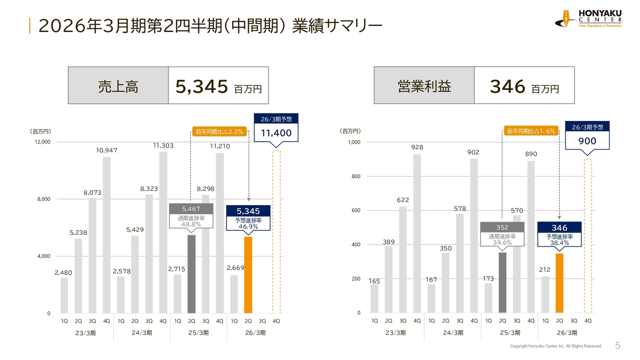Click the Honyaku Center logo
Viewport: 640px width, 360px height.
[x=588, y=18]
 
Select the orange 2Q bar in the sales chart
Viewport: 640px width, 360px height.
[x=248, y=275]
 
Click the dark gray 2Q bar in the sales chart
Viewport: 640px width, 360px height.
[x=191, y=274]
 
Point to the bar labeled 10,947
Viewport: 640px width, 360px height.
[x=106, y=235]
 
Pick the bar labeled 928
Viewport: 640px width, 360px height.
[x=417, y=233]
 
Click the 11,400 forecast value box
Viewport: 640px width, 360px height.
[x=276, y=133]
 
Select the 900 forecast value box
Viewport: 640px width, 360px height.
[x=587, y=140]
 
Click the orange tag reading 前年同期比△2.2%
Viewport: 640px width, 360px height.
[x=219, y=132]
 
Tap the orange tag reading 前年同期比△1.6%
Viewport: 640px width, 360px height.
[x=530, y=131]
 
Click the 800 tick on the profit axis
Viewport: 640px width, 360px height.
[x=355, y=176]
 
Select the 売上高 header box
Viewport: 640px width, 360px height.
[x=118, y=85]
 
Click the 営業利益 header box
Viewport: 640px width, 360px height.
[x=424, y=85]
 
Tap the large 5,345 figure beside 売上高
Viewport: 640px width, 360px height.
[x=202, y=87]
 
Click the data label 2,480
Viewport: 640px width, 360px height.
[x=63, y=272]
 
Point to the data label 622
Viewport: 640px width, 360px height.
[x=403, y=200]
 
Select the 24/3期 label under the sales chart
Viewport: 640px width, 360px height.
[x=142, y=333]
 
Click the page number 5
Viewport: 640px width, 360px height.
[x=617, y=345]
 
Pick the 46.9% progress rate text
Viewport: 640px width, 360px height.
[x=248, y=226]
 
